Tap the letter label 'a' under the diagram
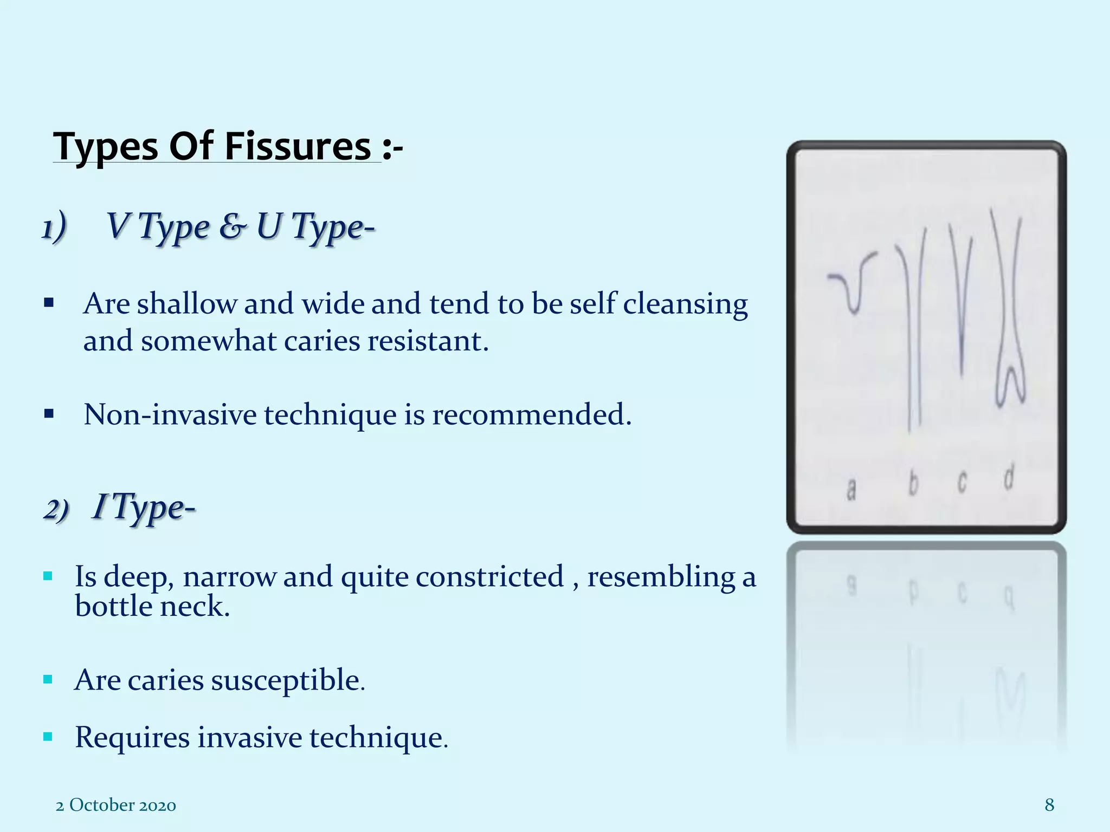(x=851, y=489)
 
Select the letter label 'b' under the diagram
(x=913, y=484)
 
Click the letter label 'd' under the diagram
(x=1008, y=478)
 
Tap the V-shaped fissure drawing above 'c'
(x=960, y=303)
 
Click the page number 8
(x=1049, y=805)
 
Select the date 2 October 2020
(x=116, y=805)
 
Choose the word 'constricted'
(x=490, y=576)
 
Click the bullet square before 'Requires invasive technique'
(x=48, y=737)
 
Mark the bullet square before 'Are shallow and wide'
(x=49, y=303)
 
